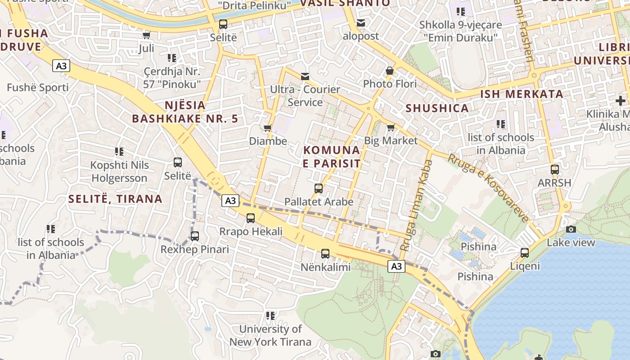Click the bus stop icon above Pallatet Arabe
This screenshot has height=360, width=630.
[x=319, y=189]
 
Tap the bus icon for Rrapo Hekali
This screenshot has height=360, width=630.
[x=251, y=218]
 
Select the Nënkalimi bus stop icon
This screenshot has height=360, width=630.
[x=325, y=254]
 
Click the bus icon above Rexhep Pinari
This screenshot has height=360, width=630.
[x=195, y=236]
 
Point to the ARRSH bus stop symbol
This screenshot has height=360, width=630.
[x=555, y=170]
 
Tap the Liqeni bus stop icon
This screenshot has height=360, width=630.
[x=525, y=253]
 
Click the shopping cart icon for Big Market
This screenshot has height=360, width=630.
[x=391, y=127]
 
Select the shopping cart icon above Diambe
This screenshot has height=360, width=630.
[x=268, y=128]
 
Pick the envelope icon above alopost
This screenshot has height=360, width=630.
[x=361, y=23]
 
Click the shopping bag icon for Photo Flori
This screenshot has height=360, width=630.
[x=390, y=71]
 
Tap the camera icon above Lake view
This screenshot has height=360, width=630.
[x=571, y=229]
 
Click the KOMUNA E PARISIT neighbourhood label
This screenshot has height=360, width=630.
[x=332, y=157]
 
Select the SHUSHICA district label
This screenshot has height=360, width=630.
[x=437, y=108]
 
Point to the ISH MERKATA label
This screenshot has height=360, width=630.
[x=522, y=94]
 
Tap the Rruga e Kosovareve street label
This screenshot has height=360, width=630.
[x=489, y=188]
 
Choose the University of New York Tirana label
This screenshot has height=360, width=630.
[x=270, y=335]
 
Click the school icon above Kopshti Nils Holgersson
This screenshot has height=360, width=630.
[x=119, y=152]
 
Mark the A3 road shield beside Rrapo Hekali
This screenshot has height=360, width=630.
[x=230, y=201]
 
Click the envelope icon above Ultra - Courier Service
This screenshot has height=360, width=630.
[x=305, y=76]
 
